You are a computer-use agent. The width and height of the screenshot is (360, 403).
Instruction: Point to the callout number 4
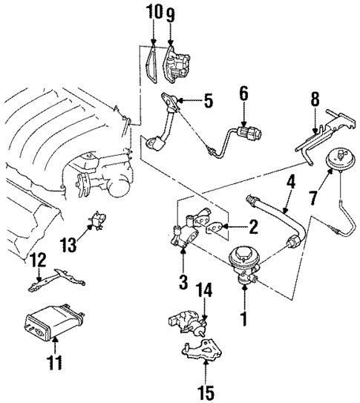tap(292, 180)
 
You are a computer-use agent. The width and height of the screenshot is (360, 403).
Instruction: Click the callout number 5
tap(209, 100)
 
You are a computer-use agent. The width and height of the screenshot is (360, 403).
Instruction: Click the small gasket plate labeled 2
tap(215, 227)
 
